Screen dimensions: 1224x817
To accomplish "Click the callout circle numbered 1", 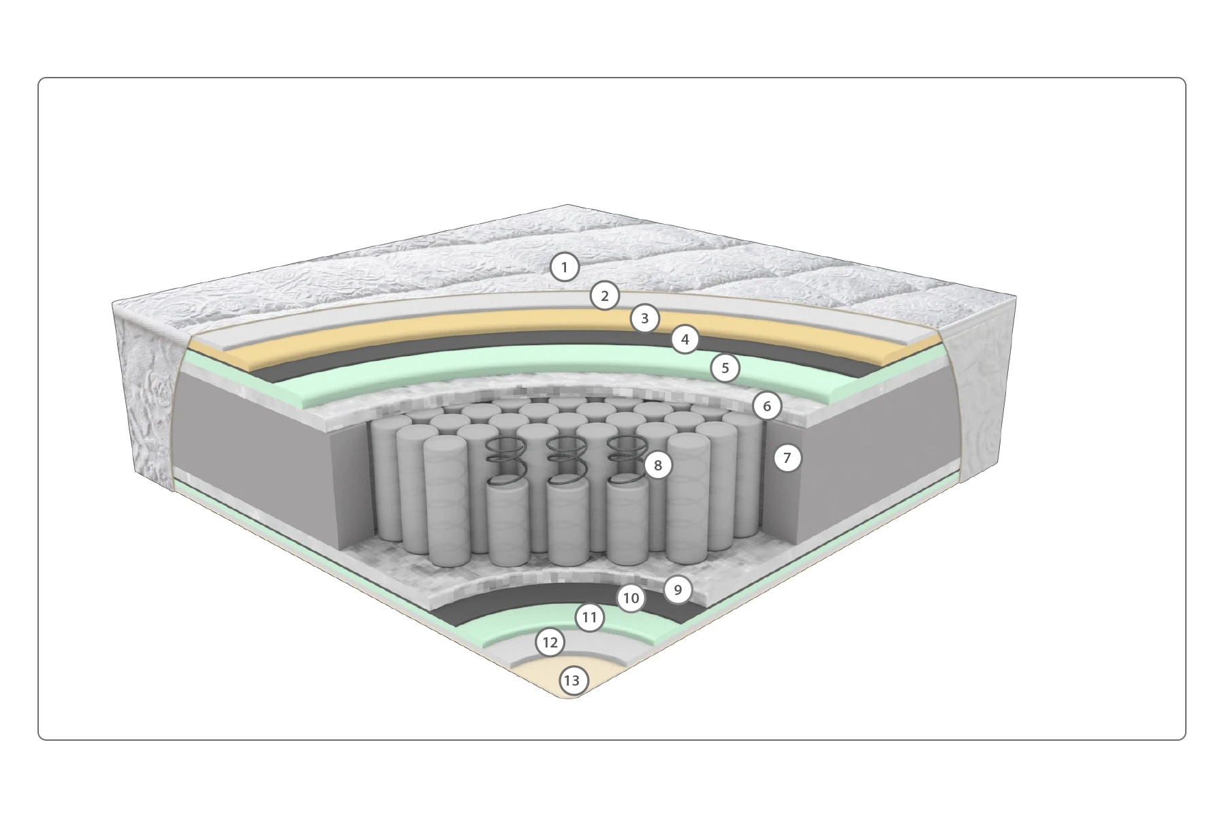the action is click(564, 267).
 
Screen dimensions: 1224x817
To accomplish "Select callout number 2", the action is click(604, 295).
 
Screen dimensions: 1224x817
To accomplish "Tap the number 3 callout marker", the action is click(644, 318).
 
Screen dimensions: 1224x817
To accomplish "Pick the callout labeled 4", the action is click(685, 339).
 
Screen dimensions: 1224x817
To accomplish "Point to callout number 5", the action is click(725, 368).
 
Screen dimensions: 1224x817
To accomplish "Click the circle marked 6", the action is click(767, 406).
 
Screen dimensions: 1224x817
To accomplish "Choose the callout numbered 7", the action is click(787, 458).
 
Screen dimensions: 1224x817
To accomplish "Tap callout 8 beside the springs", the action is click(657, 465).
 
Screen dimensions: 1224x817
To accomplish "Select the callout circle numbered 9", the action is click(677, 589).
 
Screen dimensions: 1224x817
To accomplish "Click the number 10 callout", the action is click(631, 598).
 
